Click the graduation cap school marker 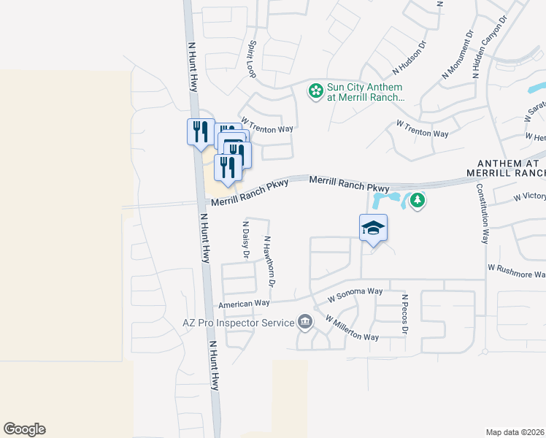(x=373, y=228)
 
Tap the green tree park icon (x=417, y=199)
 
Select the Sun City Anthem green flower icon (x=315, y=91)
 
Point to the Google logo (x=24, y=429)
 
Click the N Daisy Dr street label (x=246, y=240)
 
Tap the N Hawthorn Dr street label (x=269, y=261)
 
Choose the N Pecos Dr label (x=404, y=315)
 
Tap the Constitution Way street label (x=482, y=212)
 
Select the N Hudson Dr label (x=409, y=58)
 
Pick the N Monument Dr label (x=458, y=55)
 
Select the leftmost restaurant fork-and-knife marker (x=200, y=131)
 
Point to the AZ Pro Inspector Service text (x=235, y=322)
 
